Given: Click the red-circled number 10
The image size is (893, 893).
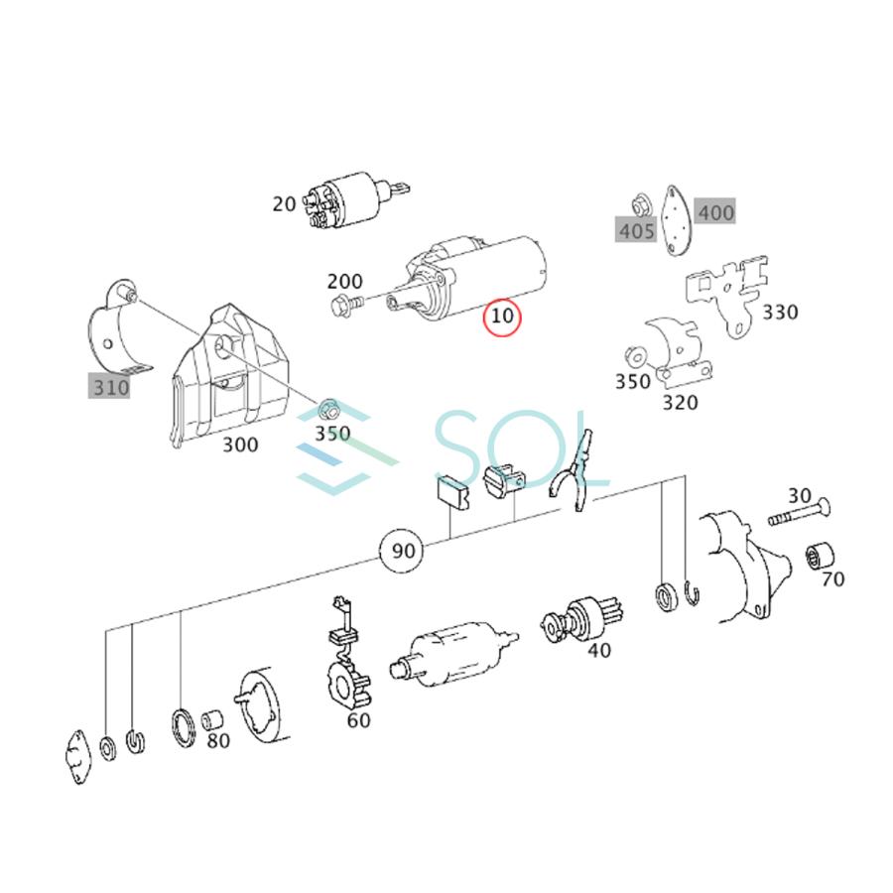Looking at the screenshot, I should click(502, 318).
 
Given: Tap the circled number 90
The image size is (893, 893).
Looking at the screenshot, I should click(402, 551).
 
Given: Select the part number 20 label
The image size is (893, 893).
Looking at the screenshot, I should click(284, 204).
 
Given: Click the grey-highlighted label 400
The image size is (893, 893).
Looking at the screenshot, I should click(715, 211).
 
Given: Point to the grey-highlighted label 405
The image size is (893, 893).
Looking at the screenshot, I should click(636, 231).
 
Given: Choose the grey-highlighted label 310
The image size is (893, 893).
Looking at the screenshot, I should click(110, 387).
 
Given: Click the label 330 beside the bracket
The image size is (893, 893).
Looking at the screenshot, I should click(780, 313).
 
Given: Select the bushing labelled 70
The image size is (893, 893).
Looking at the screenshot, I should click(822, 556).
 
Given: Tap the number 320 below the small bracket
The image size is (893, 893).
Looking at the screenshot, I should click(680, 402).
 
